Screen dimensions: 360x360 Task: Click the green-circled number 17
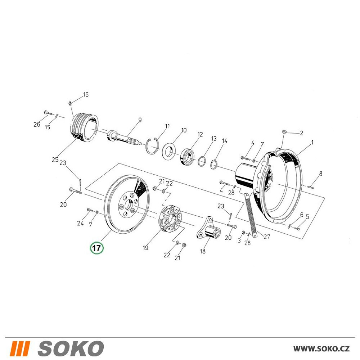tap(96, 248)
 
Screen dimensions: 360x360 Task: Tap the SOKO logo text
tap(71, 348)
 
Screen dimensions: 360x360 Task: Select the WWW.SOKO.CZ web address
tap(321, 349)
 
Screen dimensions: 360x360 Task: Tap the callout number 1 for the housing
tap(312, 143)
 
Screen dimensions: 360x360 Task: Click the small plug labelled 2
tap(284, 131)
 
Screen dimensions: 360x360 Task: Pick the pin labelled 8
tap(310, 186)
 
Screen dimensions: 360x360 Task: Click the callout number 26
tap(37, 125)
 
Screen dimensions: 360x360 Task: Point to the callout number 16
tap(86, 95)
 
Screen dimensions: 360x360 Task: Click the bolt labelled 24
tap(90, 210)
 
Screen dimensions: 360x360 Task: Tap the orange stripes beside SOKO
tap(20, 348)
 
